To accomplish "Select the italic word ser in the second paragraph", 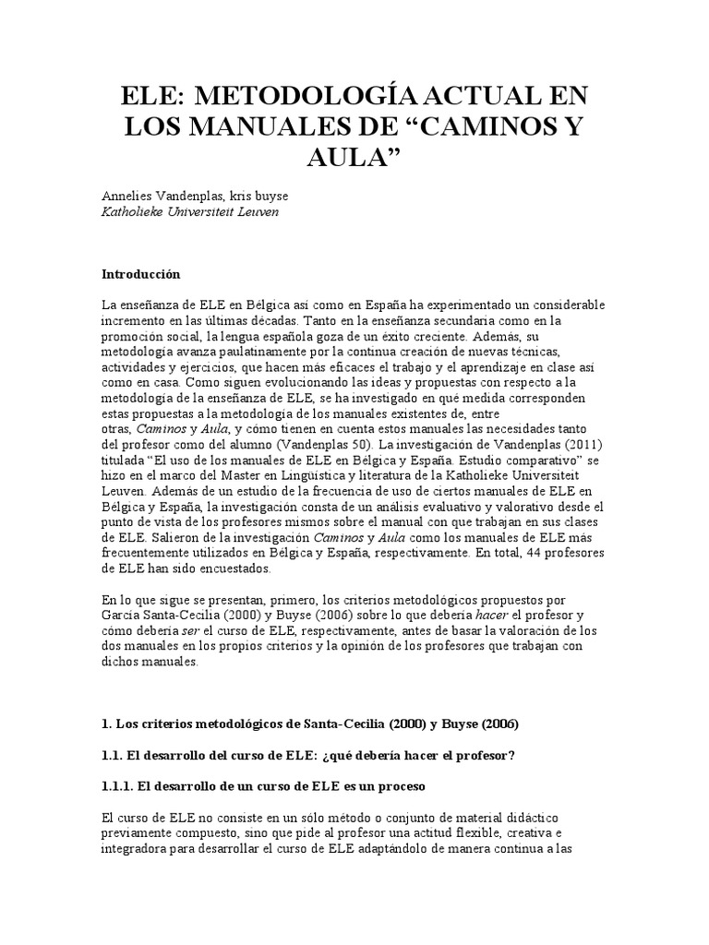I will tap(190, 630).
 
